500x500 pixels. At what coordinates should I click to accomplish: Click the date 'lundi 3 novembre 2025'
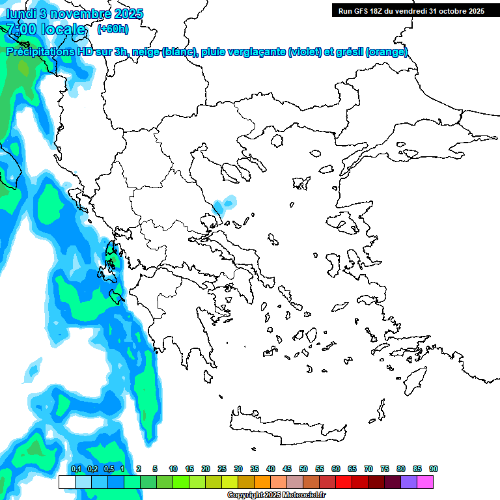coord(74,14)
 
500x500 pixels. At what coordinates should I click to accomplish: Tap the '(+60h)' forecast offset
coord(113,29)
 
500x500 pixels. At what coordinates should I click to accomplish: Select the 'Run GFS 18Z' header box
coord(410,10)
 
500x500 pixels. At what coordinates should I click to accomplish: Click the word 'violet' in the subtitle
coord(305,52)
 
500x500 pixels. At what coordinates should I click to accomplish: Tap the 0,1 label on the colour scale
coord(76,469)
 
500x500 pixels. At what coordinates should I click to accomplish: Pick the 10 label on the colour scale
coord(173,469)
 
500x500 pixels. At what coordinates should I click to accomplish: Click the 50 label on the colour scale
coord(303,469)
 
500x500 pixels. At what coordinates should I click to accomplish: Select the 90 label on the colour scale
coord(434,469)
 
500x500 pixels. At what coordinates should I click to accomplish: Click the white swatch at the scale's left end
coord(66,482)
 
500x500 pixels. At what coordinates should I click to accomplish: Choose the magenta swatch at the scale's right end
coord(425,482)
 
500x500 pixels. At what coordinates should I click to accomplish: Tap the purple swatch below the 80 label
coord(409,482)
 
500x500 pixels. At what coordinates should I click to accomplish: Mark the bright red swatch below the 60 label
coord(344,482)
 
